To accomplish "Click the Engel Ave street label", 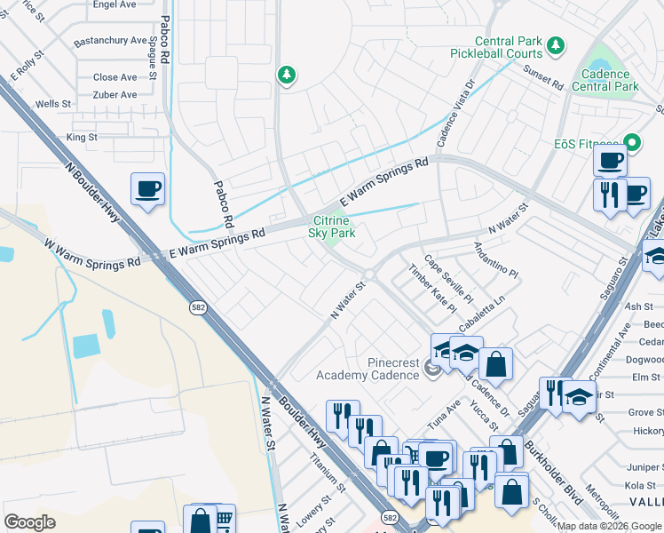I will tap(115, 4).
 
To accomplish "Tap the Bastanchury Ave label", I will tap(111, 41).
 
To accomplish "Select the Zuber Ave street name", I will tap(115, 95).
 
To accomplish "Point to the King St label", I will tap(82, 138).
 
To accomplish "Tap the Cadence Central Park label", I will tap(605, 81).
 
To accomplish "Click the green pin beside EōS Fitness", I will tap(632, 142).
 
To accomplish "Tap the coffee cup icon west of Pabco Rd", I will tap(147, 189).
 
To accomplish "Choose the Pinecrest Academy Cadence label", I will tap(368, 369).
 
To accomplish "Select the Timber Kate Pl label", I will tap(431, 288).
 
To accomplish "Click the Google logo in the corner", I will tap(29, 522).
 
